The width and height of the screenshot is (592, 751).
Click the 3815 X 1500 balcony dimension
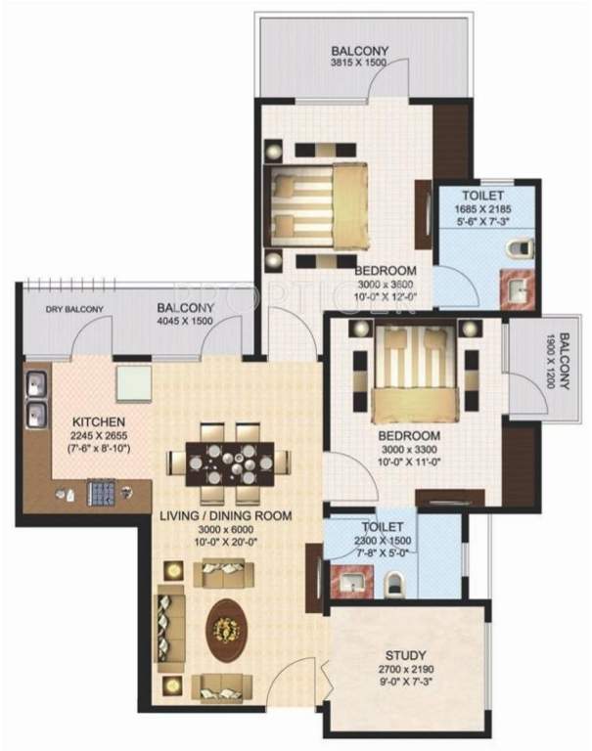359,64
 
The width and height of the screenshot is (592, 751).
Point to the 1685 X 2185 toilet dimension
484,209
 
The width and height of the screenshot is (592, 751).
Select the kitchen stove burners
101,492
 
